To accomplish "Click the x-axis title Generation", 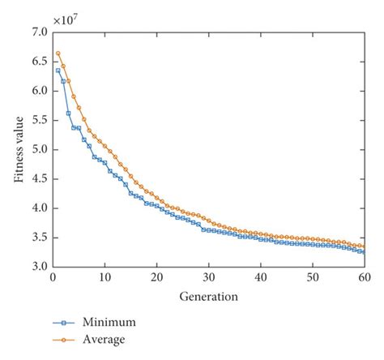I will (x=208, y=296).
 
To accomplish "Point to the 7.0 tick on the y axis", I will (x=39, y=32).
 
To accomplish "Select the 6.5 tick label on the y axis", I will (x=39, y=62).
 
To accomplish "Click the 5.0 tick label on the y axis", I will (x=39, y=150).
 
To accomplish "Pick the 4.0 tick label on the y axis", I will (x=39, y=208).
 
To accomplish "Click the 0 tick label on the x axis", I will (x=53, y=277).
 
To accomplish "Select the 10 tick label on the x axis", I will (x=105, y=277).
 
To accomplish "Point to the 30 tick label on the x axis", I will (x=208, y=277).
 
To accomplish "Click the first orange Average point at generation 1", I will (x=58, y=54).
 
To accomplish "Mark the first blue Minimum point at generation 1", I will (x=58, y=71).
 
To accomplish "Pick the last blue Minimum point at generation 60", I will (x=364, y=252).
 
